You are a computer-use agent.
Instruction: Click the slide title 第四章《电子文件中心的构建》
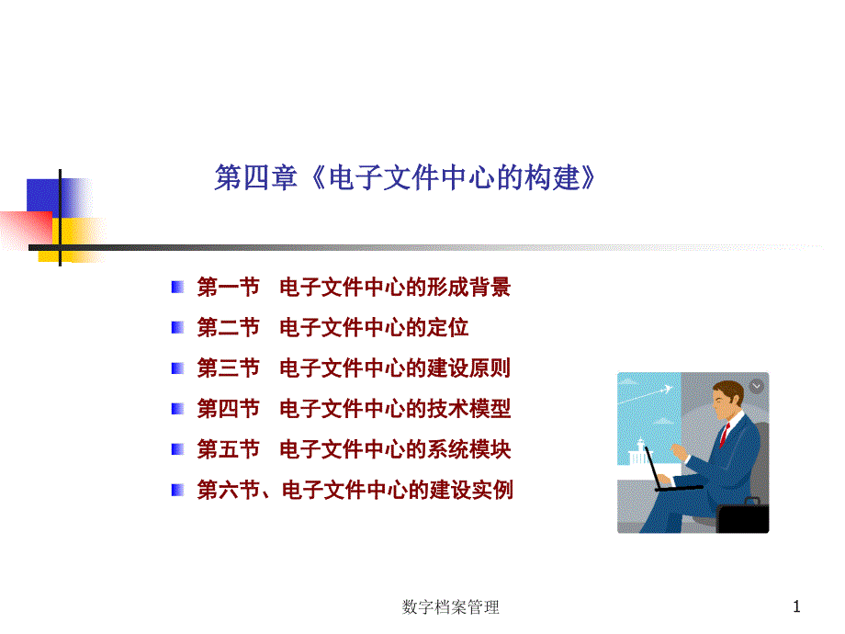pyautogui.click(x=405, y=177)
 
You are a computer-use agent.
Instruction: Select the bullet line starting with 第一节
pyautogui.click(x=354, y=287)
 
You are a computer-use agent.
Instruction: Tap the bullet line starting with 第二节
pyautogui.click(x=332, y=327)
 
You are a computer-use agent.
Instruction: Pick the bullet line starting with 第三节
pyautogui.click(x=354, y=368)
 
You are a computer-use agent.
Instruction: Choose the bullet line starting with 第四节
pyautogui.click(x=354, y=409)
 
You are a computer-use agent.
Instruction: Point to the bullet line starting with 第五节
pyautogui.click(x=354, y=449)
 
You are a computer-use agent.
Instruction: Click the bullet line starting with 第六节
pyautogui.click(x=355, y=490)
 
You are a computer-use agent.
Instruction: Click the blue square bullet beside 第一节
pyautogui.click(x=177, y=287)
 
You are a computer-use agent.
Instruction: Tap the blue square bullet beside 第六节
pyautogui.click(x=177, y=490)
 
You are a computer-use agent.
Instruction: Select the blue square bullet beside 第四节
pyautogui.click(x=177, y=409)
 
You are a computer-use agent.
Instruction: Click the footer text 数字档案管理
pyautogui.click(x=451, y=607)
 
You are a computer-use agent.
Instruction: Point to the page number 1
pyautogui.click(x=796, y=607)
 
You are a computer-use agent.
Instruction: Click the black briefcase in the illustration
pyautogui.click(x=743, y=516)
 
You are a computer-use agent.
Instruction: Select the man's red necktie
pyautogui.click(x=725, y=435)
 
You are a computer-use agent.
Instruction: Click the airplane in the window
pyautogui.click(x=666, y=390)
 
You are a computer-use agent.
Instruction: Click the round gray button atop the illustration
pyautogui.click(x=757, y=386)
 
